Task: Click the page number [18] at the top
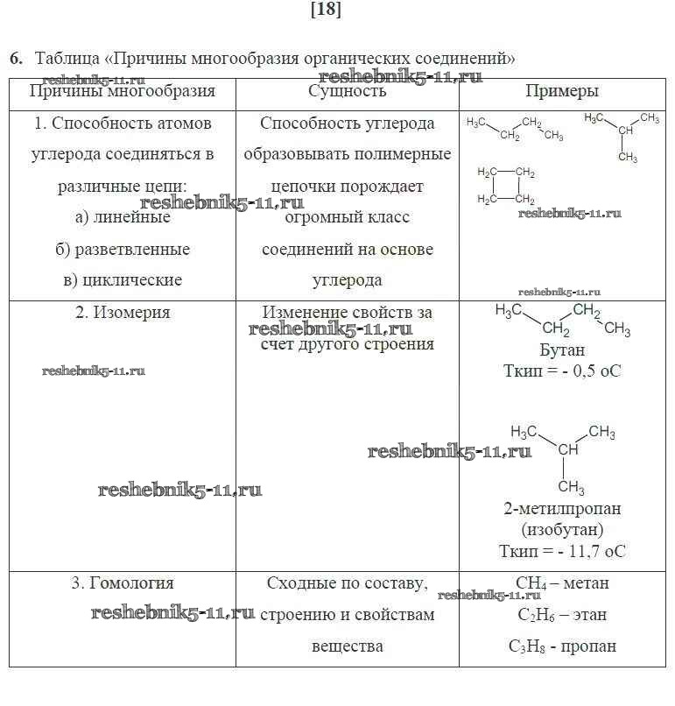point(326,9)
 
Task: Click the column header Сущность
point(347,91)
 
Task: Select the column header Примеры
point(562,91)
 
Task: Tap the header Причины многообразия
point(123,91)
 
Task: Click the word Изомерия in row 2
point(131,313)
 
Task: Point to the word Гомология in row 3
point(131,583)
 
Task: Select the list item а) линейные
point(123,217)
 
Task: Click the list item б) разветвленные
point(123,250)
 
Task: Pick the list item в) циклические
point(123,280)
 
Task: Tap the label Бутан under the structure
point(562,349)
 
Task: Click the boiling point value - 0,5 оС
point(591,371)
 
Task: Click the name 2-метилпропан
point(562,509)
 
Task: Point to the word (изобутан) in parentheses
point(562,530)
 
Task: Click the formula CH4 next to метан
point(531,583)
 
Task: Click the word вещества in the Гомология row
point(347,646)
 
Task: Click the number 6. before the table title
point(17,59)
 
